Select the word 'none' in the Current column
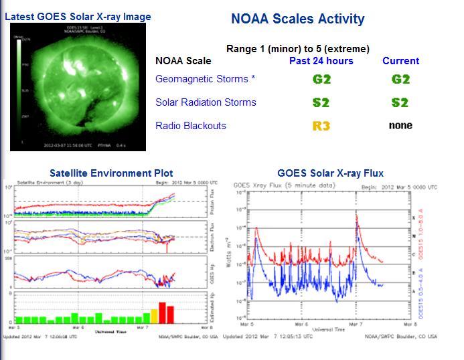(x=400, y=125)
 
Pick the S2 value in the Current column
(x=400, y=102)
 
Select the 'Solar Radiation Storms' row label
(x=206, y=102)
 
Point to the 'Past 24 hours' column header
(x=321, y=61)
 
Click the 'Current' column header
(x=400, y=61)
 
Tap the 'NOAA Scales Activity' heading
(x=297, y=19)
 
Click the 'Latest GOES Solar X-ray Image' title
(x=78, y=16)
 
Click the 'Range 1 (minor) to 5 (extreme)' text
(x=297, y=49)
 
